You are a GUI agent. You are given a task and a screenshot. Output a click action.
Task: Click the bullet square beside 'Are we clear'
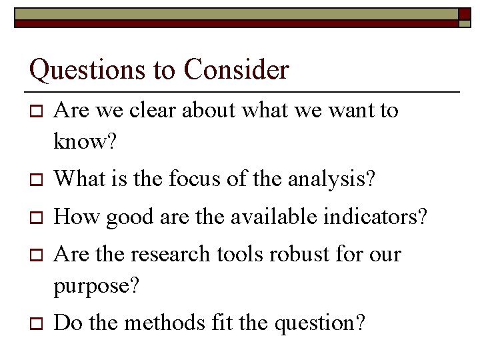(x=36, y=111)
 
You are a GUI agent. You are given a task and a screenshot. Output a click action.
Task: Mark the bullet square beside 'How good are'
(x=36, y=217)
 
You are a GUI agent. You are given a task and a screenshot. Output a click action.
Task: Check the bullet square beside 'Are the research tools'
(x=36, y=255)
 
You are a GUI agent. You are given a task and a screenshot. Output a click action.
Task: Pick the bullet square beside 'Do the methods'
(x=36, y=324)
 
